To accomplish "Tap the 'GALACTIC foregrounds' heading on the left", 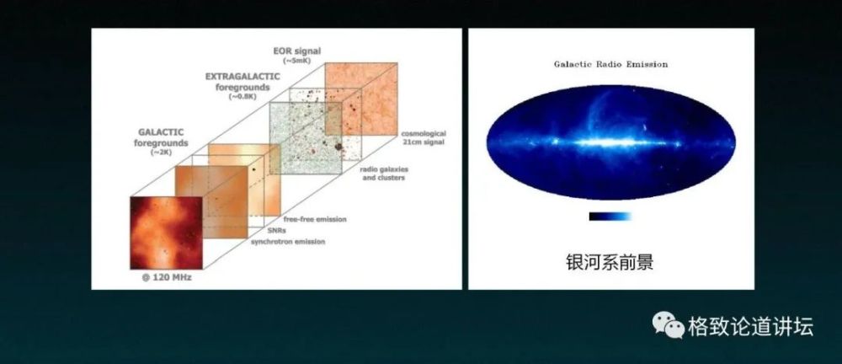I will [x=160, y=137].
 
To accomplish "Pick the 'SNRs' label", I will [x=275, y=230].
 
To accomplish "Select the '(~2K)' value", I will [x=160, y=153].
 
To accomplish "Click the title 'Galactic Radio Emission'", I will [x=610, y=63].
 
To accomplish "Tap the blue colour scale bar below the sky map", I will [x=610, y=217].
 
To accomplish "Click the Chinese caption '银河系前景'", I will [x=610, y=262].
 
